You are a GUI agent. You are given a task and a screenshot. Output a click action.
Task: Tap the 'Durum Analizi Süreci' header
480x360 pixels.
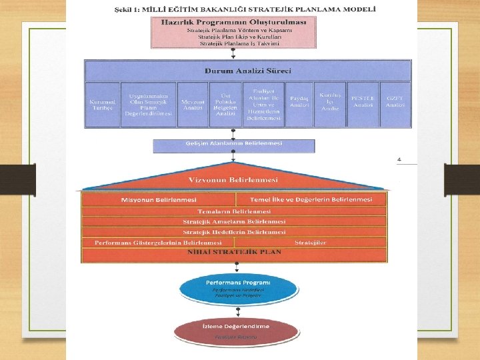pos(247,71)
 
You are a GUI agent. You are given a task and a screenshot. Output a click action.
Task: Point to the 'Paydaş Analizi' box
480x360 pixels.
pos(299,104)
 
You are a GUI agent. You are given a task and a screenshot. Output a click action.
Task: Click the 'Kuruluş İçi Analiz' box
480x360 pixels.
pos(330,103)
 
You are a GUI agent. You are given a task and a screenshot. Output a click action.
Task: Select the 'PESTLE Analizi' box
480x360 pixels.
pos(363,104)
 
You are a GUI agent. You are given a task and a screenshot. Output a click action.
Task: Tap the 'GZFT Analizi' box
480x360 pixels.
pos(395,104)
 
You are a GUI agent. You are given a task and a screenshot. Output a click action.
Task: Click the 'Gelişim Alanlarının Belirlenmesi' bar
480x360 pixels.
pos(233,145)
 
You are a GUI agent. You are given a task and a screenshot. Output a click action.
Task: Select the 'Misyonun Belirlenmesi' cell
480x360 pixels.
pos(159,200)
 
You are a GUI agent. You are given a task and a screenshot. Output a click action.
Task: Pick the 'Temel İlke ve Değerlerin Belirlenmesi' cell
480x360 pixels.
pos(311,200)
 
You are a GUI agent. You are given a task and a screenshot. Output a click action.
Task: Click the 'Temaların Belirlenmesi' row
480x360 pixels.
pos(233,211)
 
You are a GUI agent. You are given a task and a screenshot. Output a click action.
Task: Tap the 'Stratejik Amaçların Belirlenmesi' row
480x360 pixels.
pos(233,221)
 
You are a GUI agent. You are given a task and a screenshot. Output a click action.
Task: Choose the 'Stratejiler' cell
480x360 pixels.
pos(310,242)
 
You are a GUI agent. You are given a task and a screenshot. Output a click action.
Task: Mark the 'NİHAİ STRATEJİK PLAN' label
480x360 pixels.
pos(233,252)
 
